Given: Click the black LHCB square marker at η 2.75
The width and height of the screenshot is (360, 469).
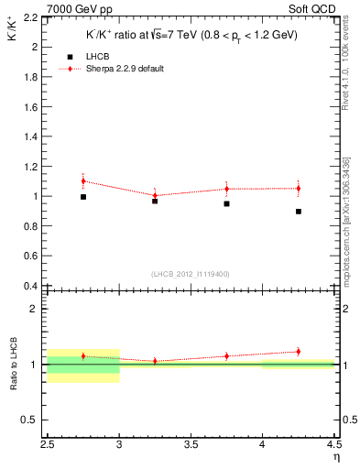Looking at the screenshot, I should [x=83, y=197].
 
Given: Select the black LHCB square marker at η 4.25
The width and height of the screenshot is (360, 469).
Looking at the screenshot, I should [x=299, y=212].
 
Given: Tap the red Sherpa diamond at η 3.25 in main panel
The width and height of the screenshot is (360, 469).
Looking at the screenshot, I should [x=155, y=195].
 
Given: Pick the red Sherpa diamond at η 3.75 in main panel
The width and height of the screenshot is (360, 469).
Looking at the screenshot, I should [x=226, y=189].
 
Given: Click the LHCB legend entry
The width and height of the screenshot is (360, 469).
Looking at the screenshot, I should [x=96, y=56].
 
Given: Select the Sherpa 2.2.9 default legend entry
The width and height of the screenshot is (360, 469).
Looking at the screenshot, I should [x=124, y=69].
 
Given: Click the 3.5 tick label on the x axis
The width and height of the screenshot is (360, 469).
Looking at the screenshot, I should [x=191, y=445].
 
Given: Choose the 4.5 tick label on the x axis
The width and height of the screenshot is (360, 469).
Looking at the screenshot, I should [x=333, y=445].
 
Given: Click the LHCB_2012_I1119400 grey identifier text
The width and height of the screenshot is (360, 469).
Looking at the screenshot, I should [x=191, y=273].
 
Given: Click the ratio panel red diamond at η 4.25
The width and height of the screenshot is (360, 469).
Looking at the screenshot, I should [x=299, y=352].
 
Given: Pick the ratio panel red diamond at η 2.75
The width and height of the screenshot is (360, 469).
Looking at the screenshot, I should [x=83, y=356].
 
